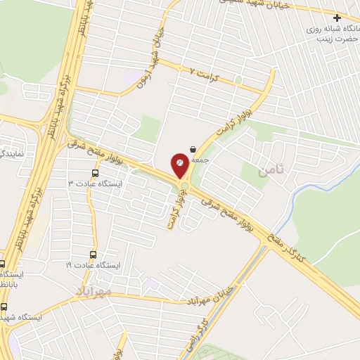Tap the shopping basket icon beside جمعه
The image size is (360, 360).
193,149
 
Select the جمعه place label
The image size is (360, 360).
202,160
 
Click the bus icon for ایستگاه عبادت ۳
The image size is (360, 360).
95,173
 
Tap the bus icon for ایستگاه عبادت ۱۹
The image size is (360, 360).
93,255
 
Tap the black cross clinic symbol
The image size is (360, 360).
338,18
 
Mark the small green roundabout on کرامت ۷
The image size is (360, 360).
238,80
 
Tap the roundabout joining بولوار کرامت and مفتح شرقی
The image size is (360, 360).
184,187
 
